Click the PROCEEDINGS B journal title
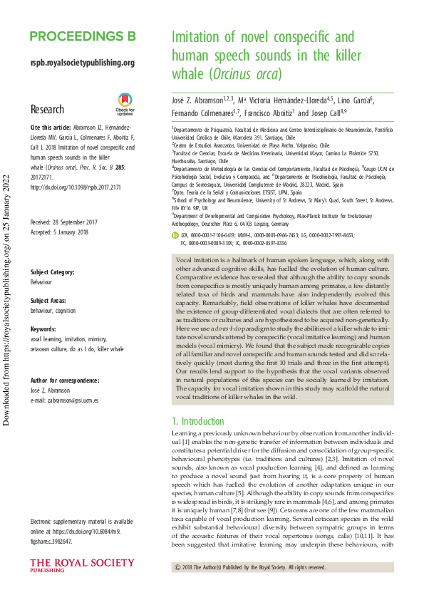83,37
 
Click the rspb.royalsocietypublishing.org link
83,63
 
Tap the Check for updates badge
125,104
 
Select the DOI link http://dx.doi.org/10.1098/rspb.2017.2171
75,187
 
